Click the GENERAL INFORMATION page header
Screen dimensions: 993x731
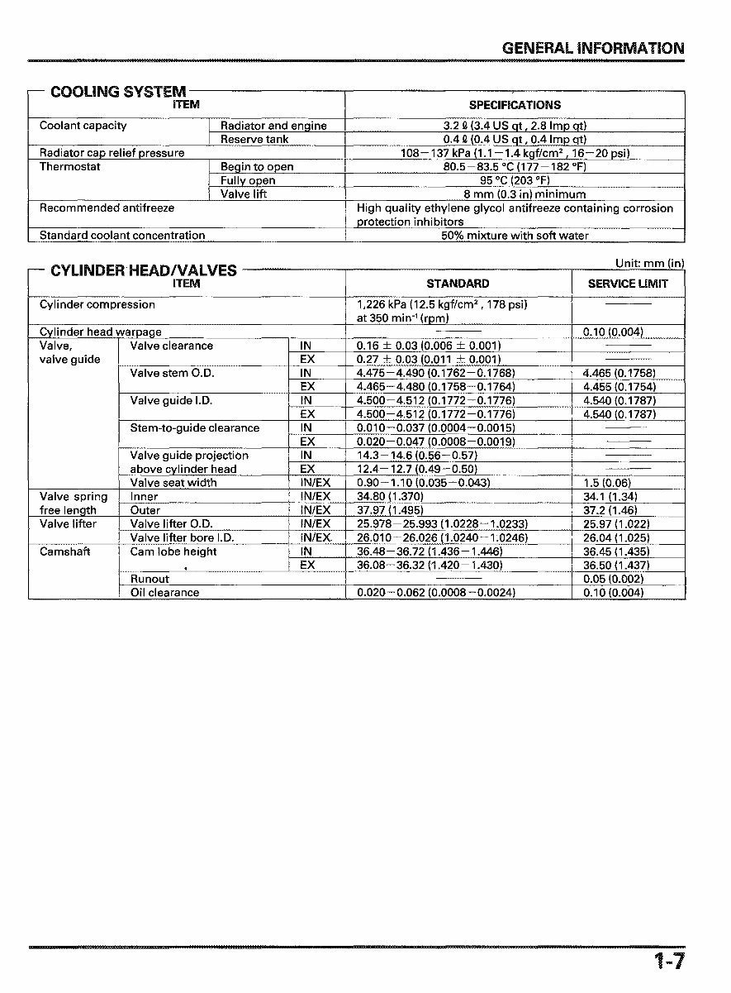click(592, 48)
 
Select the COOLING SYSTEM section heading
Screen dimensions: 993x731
click(118, 92)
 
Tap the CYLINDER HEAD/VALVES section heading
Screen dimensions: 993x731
click(144, 270)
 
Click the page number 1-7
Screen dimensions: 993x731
click(668, 961)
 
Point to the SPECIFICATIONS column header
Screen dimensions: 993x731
click(515, 105)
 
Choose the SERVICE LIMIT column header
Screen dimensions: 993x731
click(628, 284)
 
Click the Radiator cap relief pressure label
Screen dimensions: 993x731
click(112, 153)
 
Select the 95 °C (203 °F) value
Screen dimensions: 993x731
click(515, 180)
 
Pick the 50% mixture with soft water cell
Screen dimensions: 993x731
click(515, 236)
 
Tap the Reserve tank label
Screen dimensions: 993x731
click(254, 140)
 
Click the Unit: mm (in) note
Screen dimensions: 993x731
click(649, 264)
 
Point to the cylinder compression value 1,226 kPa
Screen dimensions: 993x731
click(441, 304)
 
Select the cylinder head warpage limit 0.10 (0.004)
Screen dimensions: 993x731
click(613, 332)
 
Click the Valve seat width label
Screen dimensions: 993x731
click(173, 483)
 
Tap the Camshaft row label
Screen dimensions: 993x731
click(65, 551)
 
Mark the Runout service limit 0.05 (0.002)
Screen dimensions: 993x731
click(613, 579)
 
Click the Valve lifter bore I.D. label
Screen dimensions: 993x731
click(182, 537)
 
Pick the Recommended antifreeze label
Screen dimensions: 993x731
click(107, 208)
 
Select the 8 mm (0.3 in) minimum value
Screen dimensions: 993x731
click(515, 194)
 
